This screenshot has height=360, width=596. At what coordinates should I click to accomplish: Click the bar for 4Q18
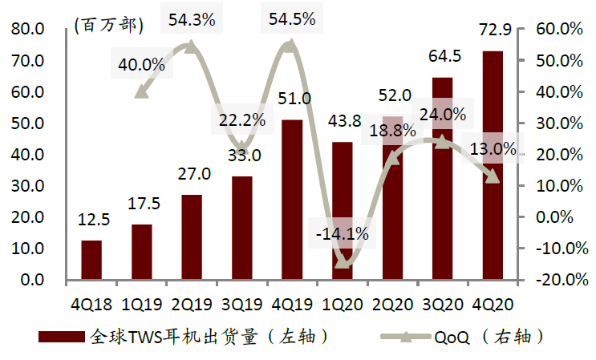point(91,260)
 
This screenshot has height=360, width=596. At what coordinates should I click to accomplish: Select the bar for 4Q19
point(292,200)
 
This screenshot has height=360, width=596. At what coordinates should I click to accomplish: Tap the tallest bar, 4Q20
point(492,165)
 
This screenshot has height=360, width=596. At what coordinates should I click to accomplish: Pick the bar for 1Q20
point(343,211)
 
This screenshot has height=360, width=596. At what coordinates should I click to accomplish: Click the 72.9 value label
point(493,32)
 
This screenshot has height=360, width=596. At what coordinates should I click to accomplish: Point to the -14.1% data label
point(342,234)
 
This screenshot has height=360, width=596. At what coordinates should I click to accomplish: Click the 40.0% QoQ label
point(142,63)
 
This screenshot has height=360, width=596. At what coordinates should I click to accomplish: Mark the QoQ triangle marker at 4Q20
point(493,176)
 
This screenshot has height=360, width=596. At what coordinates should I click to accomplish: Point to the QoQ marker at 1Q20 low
point(343,261)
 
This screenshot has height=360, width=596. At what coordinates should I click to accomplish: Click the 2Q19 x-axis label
point(192,303)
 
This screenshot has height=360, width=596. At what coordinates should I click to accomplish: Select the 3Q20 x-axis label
point(442,303)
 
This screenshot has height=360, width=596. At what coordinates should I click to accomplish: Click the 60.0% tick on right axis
point(552,30)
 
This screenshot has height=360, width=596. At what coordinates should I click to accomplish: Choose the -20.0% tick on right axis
point(550,280)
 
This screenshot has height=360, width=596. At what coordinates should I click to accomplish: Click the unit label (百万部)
point(108,25)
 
